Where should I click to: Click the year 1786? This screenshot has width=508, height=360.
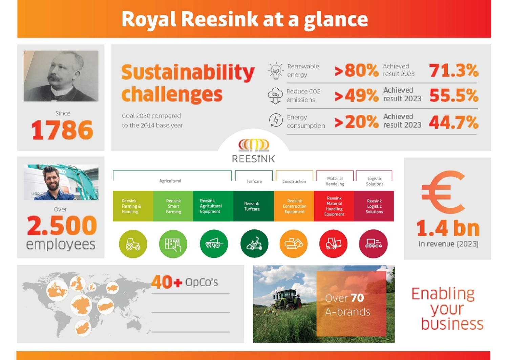[62, 130]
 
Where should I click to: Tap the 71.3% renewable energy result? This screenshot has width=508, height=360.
[453, 70]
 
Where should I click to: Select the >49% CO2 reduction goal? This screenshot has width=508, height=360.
[356, 96]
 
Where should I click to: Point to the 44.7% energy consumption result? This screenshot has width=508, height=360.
[453, 122]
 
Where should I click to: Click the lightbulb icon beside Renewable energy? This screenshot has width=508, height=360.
[276, 71]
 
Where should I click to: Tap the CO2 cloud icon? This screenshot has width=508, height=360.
[275, 96]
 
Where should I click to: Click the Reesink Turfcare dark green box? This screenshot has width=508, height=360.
[253, 206]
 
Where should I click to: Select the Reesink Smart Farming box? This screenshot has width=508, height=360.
[173, 206]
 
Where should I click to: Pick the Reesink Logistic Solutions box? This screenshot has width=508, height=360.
[374, 206]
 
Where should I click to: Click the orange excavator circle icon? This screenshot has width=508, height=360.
[293, 244]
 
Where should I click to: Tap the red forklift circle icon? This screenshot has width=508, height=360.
[333, 244]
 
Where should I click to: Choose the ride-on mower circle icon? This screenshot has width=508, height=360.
[254, 244]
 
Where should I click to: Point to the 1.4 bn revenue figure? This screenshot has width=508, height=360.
[448, 228]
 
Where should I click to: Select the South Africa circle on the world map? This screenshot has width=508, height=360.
[83, 328]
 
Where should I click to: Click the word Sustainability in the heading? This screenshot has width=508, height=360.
[188, 72]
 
